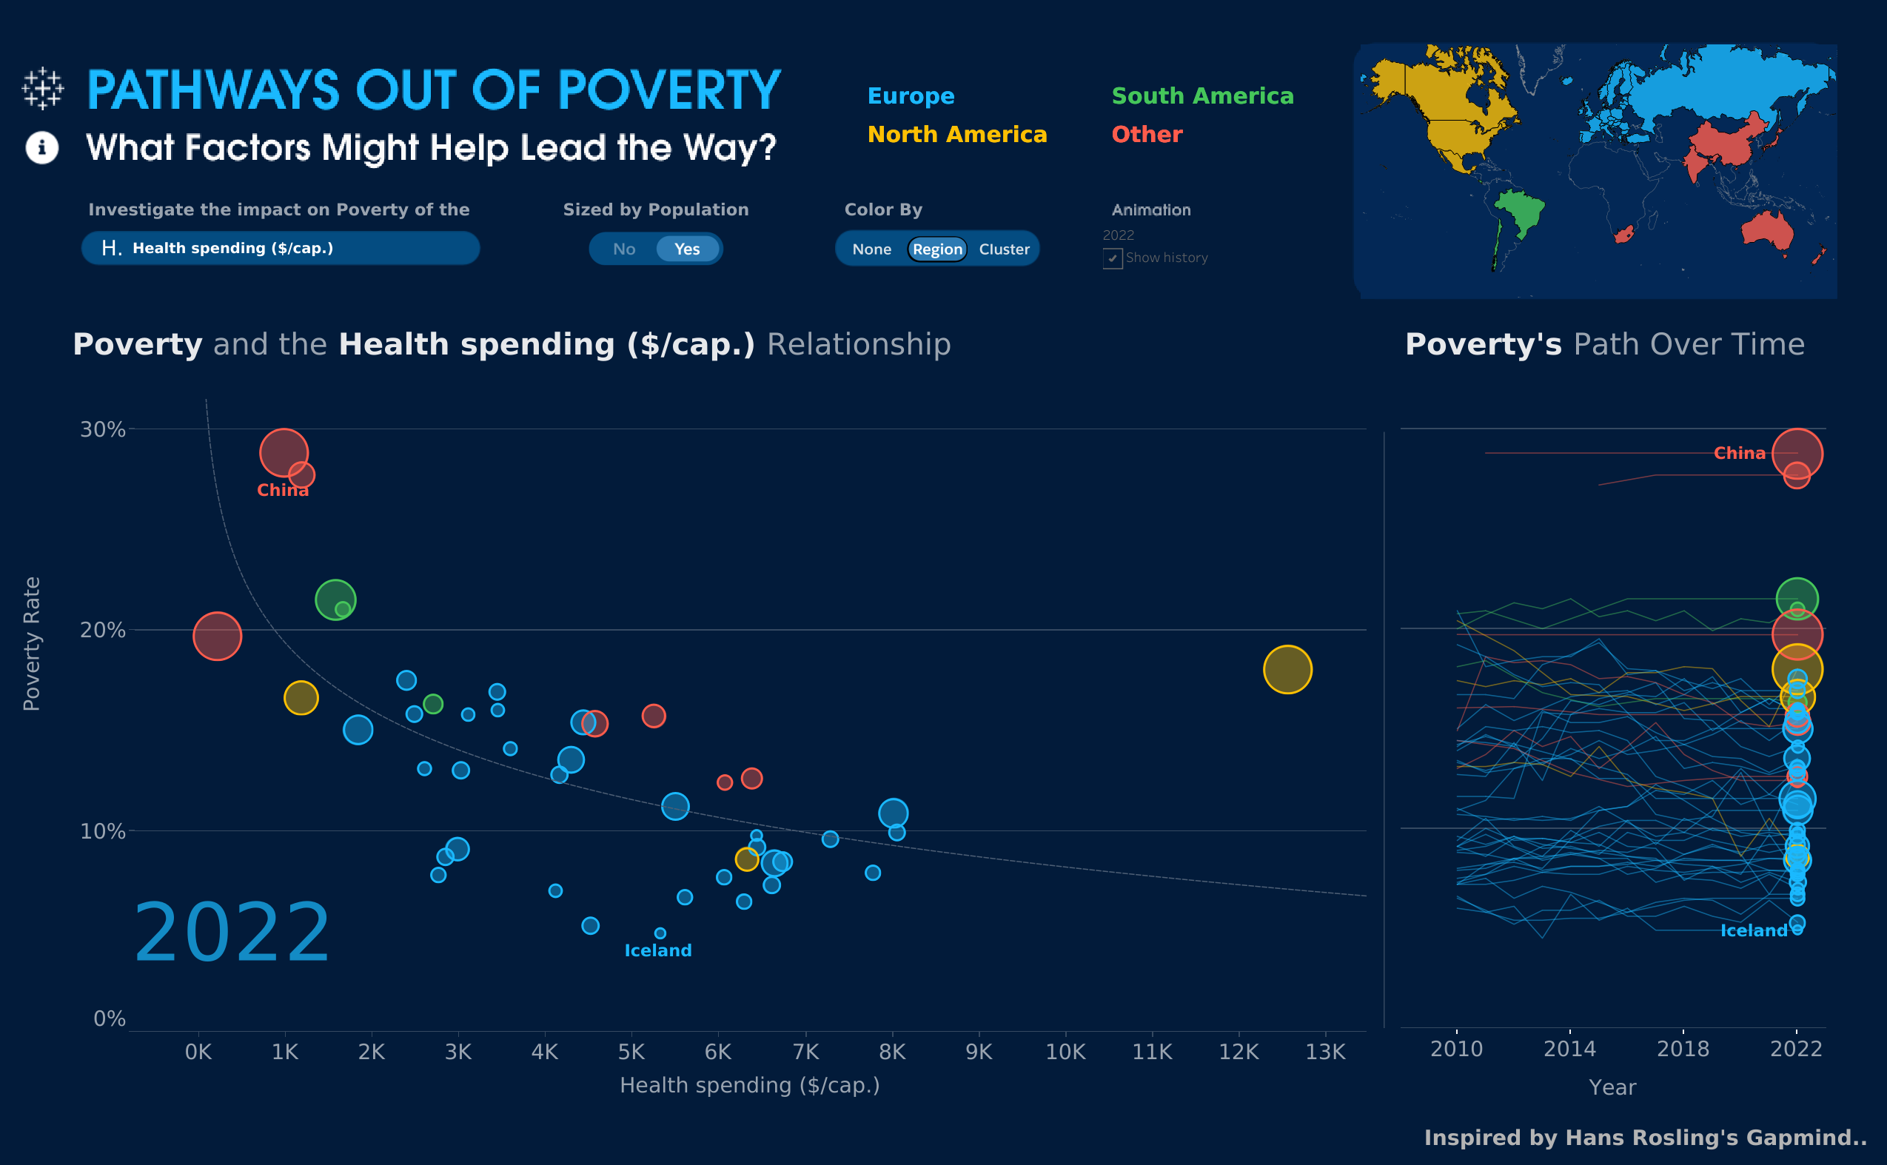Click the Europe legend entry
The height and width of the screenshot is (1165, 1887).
pyautogui.click(x=910, y=95)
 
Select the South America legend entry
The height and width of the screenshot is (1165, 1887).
pyautogui.click(x=1202, y=95)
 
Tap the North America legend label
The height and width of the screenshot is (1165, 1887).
pyautogui.click(x=956, y=134)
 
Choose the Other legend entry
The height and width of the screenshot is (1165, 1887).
pyautogui.click(x=1146, y=134)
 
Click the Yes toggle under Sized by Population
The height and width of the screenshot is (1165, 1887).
pyautogui.click(x=686, y=249)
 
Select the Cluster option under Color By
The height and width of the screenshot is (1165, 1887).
pyautogui.click(x=1003, y=249)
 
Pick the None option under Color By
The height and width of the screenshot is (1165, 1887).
pyautogui.click(x=871, y=249)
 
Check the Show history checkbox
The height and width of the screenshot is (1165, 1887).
pyautogui.click(x=1112, y=258)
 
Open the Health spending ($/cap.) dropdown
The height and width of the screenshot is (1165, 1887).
pyautogui.click(x=281, y=248)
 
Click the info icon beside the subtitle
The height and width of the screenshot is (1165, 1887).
pyautogui.click(x=41, y=147)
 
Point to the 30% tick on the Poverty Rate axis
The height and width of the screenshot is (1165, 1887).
pyautogui.click(x=102, y=429)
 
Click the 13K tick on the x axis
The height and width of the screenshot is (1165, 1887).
pyautogui.click(x=1324, y=1051)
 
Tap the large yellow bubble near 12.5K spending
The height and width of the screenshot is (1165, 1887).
pyautogui.click(x=1287, y=669)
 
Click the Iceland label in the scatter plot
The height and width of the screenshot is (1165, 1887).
pyautogui.click(x=657, y=950)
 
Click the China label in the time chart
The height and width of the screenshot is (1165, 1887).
pyautogui.click(x=1738, y=453)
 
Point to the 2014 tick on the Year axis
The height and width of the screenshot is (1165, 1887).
pyautogui.click(x=1569, y=1048)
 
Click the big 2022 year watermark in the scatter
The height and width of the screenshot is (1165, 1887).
pyautogui.click(x=231, y=933)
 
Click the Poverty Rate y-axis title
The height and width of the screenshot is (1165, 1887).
pyautogui.click(x=32, y=643)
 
